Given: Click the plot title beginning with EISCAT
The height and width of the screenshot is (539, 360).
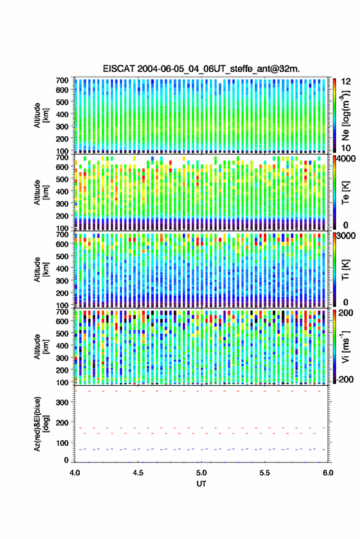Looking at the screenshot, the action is pos(201,69).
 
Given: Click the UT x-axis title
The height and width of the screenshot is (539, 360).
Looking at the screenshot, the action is pos(201,484).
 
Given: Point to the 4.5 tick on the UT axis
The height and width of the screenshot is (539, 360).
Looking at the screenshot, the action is pos(138,472).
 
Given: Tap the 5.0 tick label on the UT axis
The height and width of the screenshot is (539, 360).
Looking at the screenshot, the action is pos(201,472).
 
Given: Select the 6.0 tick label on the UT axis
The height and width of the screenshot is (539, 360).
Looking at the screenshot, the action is pos(327,472).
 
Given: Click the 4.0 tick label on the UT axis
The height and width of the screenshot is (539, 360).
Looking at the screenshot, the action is pos(75,472).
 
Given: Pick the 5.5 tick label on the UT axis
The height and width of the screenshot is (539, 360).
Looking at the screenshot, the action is pos(264,472).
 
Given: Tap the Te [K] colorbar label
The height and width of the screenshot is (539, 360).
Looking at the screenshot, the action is pos(345,193).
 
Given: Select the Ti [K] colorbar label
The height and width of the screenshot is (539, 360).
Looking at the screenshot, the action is pos(345,270).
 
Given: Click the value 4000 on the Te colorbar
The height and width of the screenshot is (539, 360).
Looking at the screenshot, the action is pos(347,159).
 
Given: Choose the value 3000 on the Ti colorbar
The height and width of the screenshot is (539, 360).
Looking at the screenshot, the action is pos(347,236).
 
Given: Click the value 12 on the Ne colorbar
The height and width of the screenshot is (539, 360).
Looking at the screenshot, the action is pos(346,82).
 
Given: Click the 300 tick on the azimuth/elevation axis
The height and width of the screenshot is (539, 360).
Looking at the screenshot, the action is pos(62,402).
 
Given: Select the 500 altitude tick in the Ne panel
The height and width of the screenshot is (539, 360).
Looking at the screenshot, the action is pos(62,102).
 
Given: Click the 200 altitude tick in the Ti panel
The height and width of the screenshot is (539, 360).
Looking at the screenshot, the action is pos(62,293).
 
